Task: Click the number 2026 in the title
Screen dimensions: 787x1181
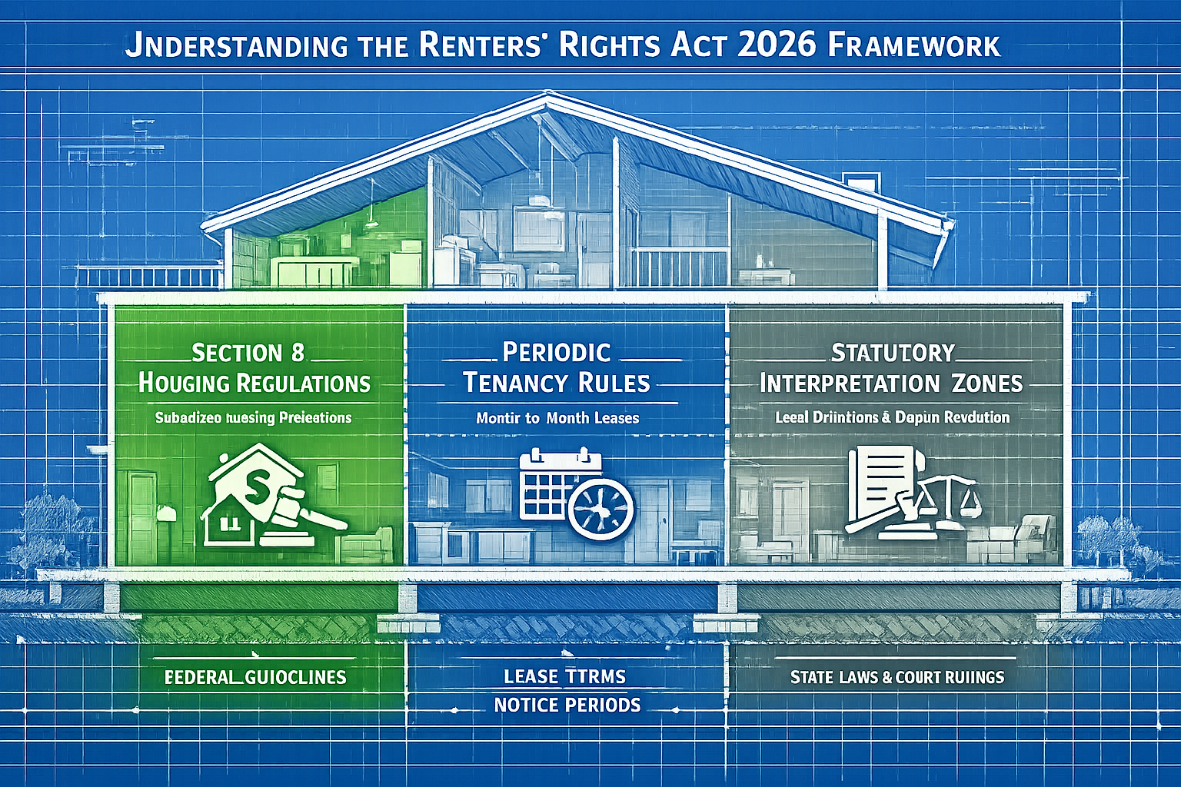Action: (x=776, y=45)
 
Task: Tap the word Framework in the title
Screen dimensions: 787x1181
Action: (x=914, y=45)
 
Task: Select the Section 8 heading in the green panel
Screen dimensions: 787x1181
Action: (x=248, y=353)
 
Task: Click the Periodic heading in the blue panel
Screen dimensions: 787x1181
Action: (x=557, y=352)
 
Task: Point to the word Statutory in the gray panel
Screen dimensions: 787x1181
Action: (x=893, y=353)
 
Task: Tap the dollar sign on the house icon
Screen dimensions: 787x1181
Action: (x=255, y=483)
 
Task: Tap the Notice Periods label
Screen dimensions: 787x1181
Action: (x=567, y=705)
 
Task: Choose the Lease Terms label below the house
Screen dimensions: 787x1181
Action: (x=564, y=676)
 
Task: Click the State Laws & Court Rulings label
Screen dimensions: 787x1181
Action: (x=897, y=677)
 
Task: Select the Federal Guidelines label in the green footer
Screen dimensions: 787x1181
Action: (x=255, y=677)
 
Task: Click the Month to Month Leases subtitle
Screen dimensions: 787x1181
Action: (x=557, y=418)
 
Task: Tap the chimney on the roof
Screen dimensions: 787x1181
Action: (x=860, y=182)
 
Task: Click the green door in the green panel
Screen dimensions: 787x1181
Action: (x=142, y=514)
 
